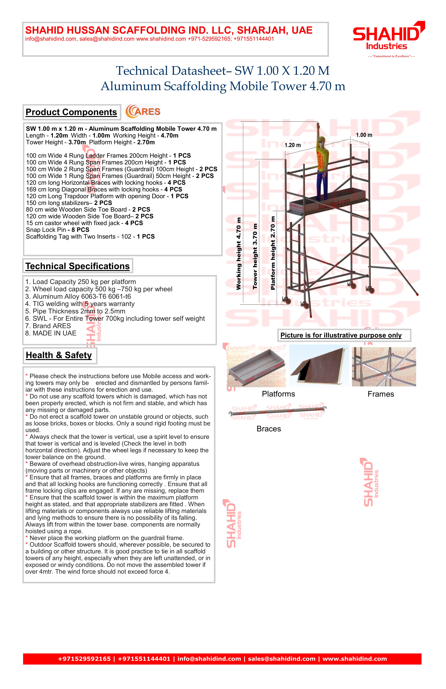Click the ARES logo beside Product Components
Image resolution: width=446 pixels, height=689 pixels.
[x=143, y=112]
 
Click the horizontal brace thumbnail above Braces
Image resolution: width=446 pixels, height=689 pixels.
[x=278, y=411]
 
